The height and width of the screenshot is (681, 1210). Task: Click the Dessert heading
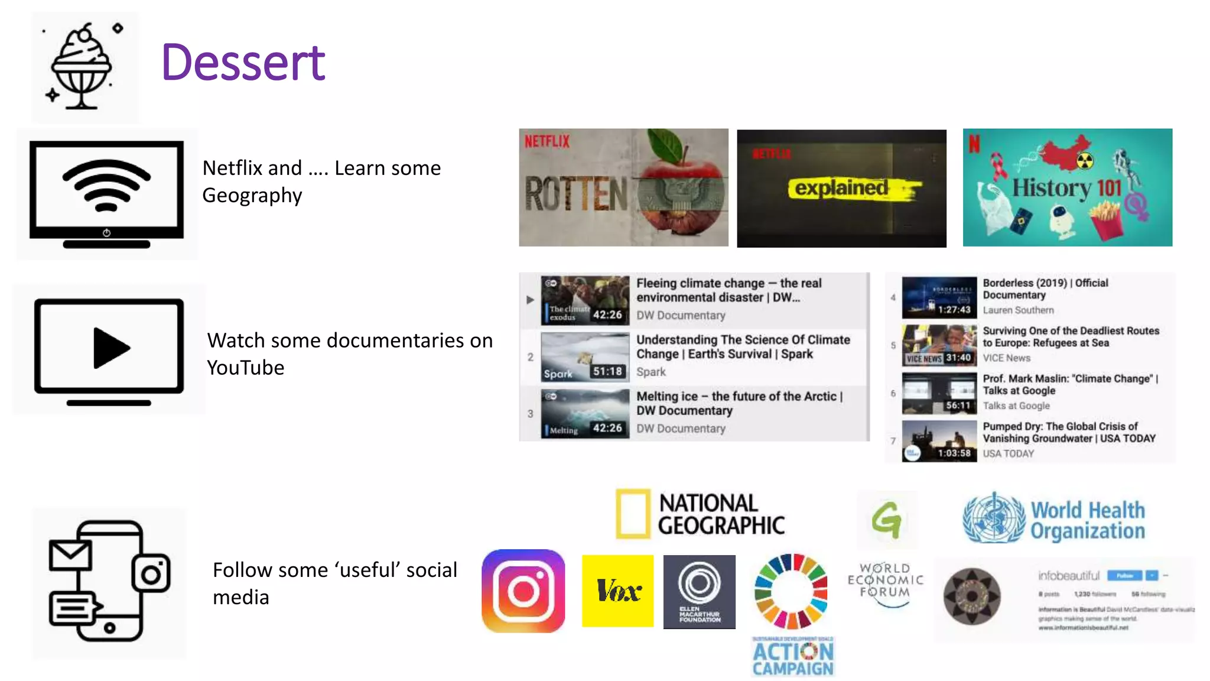click(243, 63)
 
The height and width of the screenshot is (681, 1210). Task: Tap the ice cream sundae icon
click(81, 67)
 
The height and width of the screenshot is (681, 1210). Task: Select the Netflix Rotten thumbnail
click(623, 187)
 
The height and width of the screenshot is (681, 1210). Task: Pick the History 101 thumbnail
click(1067, 187)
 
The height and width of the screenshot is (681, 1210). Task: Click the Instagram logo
click(523, 591)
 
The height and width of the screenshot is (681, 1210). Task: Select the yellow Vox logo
click(617, 591)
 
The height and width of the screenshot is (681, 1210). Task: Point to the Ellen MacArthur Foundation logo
click(699, 591)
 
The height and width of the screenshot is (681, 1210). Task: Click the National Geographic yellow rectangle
click(633, 513)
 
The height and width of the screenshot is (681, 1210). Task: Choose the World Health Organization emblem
click(993, 518)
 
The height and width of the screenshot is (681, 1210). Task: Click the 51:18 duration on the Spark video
click(607, 371)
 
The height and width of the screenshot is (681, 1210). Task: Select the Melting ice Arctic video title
click(739, 403)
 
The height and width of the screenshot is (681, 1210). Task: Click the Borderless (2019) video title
click(1045, 288)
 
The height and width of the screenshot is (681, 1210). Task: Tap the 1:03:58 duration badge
click(954, 453)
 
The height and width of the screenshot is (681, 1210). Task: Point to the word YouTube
click(246, 368)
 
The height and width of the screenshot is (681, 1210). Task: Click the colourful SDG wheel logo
click(791, 591)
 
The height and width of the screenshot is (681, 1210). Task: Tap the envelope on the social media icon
click(70, 554)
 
